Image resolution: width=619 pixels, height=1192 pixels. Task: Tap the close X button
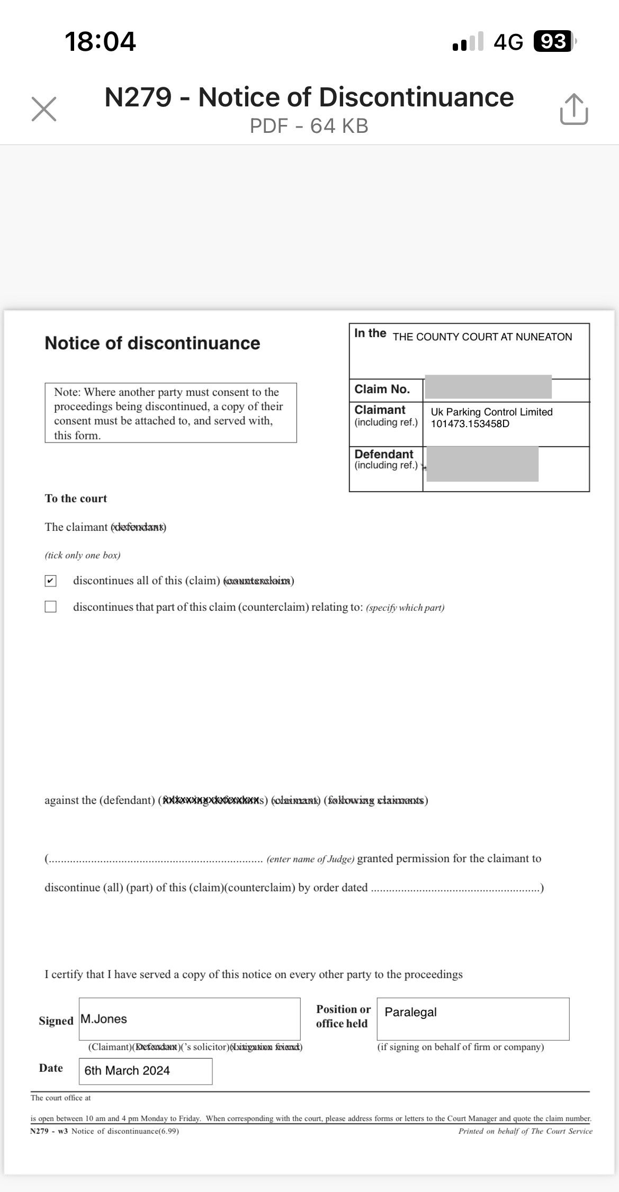[x=44, y=109]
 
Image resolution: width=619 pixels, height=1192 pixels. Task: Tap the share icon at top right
[x=573, y=109]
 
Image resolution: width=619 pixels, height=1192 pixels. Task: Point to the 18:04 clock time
[x=100, y=41]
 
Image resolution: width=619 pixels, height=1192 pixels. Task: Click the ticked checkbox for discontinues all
[x=50, y=581]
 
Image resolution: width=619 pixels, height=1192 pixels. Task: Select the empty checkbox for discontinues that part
[x=50, y=607]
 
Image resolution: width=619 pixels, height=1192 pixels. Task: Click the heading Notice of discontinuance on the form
[x=152, y=343]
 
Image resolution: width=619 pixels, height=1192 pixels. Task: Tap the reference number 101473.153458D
[x=470, y=424]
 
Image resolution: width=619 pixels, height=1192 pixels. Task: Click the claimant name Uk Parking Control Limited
[x=491, y=412]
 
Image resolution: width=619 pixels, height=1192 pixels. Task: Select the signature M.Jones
[x=104, y=1019]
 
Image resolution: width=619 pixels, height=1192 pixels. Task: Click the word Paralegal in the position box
[x=410, y=1012]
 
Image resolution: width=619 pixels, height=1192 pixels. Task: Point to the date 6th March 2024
[x=127, y=1070]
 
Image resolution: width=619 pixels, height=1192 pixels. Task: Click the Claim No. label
[x=382, y=390]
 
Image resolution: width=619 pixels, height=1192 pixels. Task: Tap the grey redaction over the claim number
[x=488, y=386]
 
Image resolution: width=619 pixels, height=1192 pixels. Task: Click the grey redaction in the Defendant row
[x=482, y=464]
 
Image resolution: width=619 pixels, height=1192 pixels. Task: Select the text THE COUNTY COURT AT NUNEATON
[x=482, y=337]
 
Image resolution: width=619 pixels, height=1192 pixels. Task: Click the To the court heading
[x=76, y=499]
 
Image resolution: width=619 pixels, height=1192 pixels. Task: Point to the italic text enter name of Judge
[x=310, y=859]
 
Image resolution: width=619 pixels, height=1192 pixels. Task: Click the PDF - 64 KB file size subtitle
[x=309, y=126]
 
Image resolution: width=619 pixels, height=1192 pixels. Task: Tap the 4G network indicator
[x=508, y=41]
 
